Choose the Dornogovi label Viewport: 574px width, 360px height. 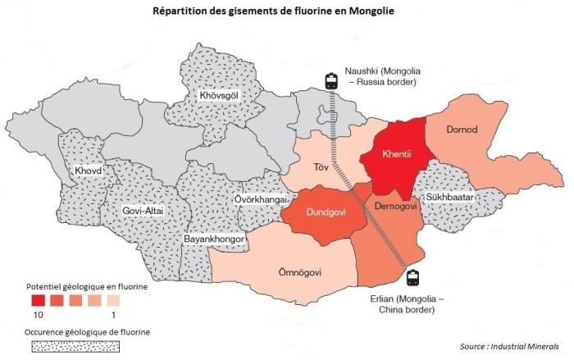(x=396, y=206)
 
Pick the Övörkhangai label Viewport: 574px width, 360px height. (x=261, y=199)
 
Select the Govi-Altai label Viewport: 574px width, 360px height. (x=143, y=211)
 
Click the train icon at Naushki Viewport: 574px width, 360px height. (x=332, y=80)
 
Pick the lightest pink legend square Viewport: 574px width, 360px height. (x=112, y=299)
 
